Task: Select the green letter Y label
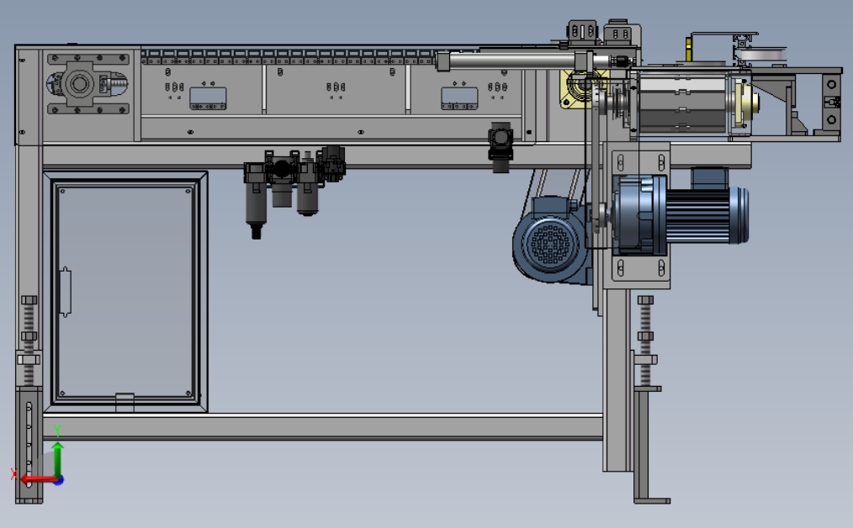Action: coord(57,431)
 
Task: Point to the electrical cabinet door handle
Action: coord(65,292)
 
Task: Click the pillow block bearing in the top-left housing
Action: coord(79,84)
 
